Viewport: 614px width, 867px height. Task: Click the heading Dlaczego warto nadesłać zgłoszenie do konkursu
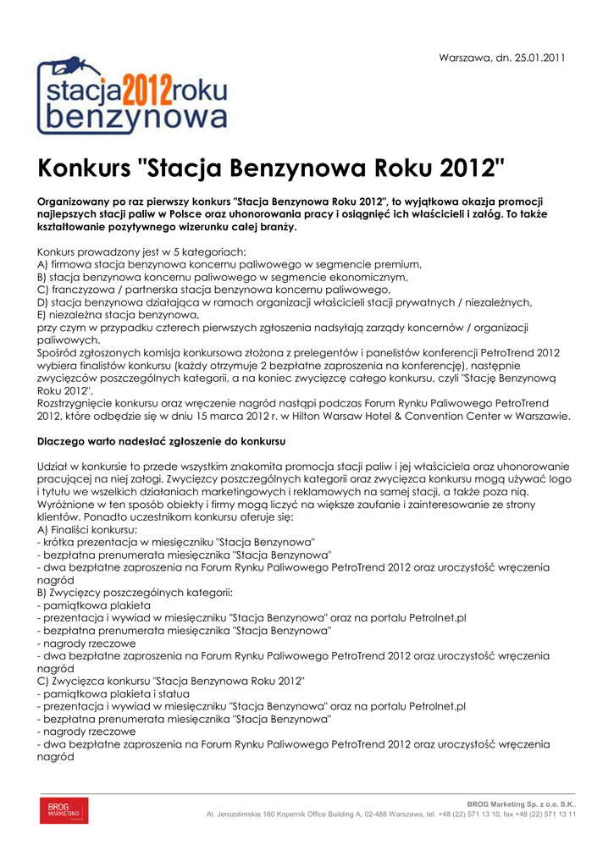pos(162,441)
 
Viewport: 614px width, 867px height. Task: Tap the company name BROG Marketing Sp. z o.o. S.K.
pos(522,803)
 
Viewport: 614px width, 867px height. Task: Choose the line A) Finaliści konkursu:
pos(91,528)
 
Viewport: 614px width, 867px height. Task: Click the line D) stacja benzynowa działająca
pos(284,301)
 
